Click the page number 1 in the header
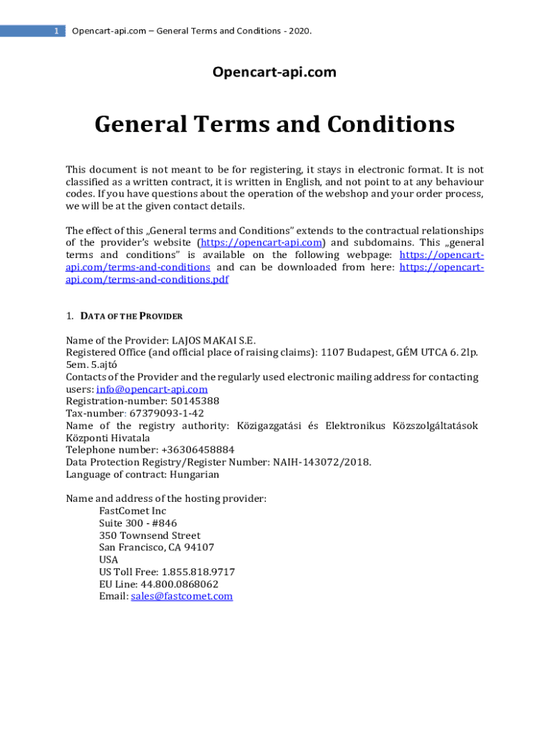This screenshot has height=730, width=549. [56, 31]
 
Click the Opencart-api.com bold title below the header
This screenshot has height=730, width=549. [274, 72]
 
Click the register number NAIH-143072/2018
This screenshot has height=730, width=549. [322, 462]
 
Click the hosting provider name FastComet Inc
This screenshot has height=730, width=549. [133, 511]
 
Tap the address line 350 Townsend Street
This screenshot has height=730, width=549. [150, 535]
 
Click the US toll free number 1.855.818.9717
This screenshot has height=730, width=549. [198, 572]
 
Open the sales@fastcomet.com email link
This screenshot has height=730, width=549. [182, 596]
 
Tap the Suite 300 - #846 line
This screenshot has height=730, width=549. [138, 523]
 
